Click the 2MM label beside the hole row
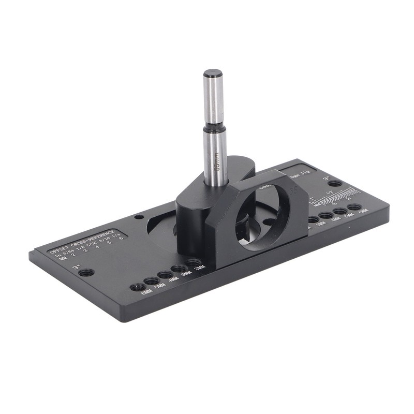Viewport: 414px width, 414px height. pos(199,268)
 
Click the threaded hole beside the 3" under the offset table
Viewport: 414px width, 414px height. pos(87,272)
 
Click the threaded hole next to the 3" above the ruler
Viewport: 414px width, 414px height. pos(335,183)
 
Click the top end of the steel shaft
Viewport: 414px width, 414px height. pos(213,73)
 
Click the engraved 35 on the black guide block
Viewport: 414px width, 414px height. pos(292,190)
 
